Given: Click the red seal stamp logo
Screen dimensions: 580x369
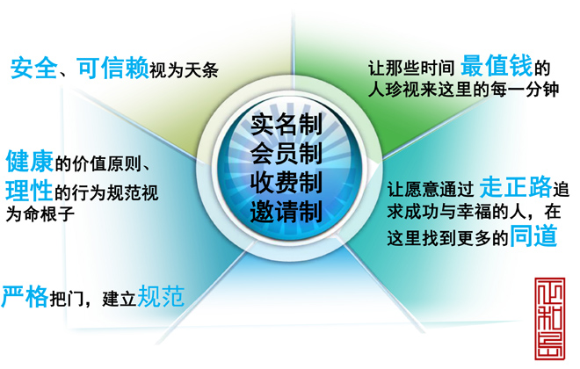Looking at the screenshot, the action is click(549, 318).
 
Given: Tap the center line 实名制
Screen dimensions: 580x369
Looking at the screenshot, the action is click(286, 124).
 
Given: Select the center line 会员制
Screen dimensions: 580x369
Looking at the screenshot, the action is click(286, 153).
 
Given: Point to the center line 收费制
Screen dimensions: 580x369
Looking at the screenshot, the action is click(286, 182).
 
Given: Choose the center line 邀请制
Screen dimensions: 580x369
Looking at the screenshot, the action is click(286, 212).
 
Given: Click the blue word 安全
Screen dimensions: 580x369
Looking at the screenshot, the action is click(34, 68).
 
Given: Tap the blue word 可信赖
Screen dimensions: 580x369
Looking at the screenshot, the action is click(112, 68).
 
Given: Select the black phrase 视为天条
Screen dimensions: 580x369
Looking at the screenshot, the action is click(184, 70).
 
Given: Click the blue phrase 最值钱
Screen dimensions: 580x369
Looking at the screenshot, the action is click(497, 65).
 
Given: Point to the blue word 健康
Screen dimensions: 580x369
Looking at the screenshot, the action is click(30, 161).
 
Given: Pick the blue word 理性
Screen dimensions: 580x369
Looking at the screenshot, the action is click(29, 190).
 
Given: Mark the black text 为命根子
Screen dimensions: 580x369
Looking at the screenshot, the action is click(40, 214).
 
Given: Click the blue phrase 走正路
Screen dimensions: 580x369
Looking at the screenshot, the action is click(516, 187).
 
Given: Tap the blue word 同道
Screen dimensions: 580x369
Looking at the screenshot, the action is click(533, 235).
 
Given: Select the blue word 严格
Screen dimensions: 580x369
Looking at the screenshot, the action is click(25, 296).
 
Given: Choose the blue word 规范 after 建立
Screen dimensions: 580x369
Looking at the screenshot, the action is click(161, 296).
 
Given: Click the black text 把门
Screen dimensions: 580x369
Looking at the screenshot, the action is click(67, 299).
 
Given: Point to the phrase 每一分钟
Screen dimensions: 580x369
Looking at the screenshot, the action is click(525, 90).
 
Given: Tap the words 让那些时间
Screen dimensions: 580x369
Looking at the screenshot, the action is click(411, 68).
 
